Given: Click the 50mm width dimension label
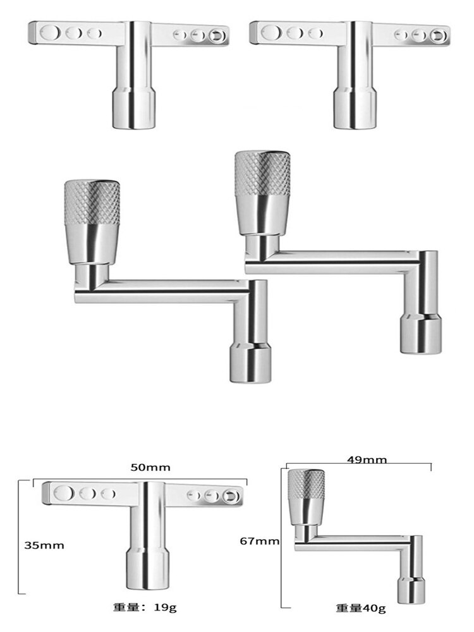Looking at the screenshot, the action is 150,467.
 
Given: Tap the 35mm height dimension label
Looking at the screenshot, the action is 44,545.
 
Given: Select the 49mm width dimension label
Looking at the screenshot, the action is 367,459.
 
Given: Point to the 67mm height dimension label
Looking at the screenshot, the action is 260,541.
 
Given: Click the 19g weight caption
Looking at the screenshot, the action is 145,607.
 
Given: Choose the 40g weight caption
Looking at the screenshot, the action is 361,608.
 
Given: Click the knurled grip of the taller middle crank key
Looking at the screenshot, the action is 262,173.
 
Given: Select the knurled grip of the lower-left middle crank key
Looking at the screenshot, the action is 92,203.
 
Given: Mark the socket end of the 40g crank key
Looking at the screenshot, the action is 411,590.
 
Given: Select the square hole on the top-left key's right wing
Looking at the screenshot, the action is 217,36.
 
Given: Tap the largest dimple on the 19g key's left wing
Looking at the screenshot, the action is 63,493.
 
